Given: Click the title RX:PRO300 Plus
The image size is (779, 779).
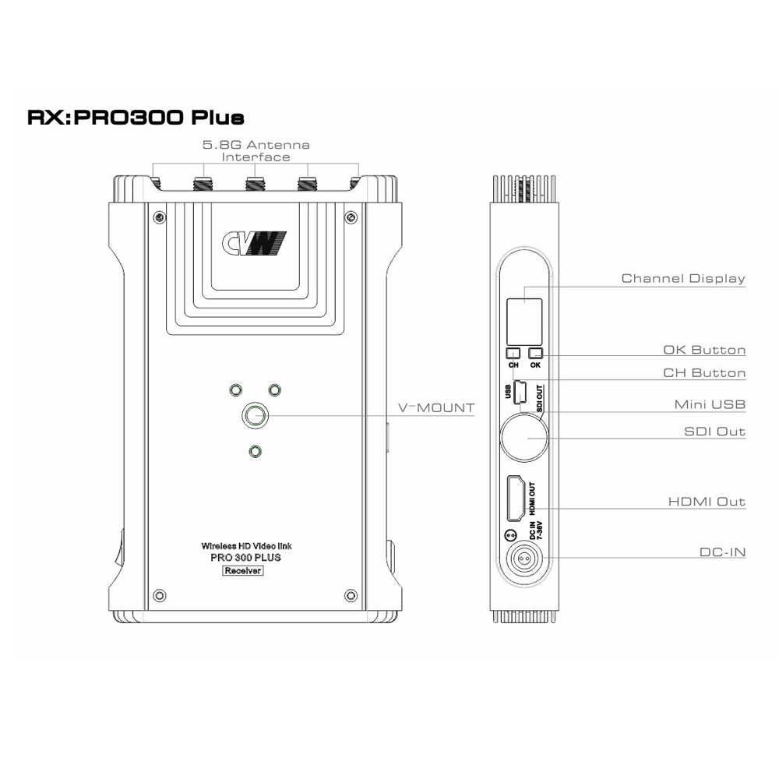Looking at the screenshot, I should coord(136,118).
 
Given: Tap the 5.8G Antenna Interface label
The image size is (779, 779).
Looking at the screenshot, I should coord(256,150).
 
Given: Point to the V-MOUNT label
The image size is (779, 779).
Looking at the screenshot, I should coord(435,408).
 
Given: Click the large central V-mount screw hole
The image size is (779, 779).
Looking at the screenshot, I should coord(254,416).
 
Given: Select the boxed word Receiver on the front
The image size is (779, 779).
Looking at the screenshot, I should coord(243,571).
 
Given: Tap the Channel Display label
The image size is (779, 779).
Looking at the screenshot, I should coord(683,278).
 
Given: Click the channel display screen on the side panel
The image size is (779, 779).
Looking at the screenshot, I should coord(523,315).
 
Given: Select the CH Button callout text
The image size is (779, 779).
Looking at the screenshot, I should coord(704,373).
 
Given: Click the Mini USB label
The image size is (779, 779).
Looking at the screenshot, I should coord(710,404).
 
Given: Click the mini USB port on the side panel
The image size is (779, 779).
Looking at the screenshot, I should coord(522,390).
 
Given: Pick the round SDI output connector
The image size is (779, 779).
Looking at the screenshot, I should coord(523,437).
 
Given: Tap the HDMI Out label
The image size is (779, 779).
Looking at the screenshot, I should coord(707,502).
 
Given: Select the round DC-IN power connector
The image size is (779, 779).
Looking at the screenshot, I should coord(523,559).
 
